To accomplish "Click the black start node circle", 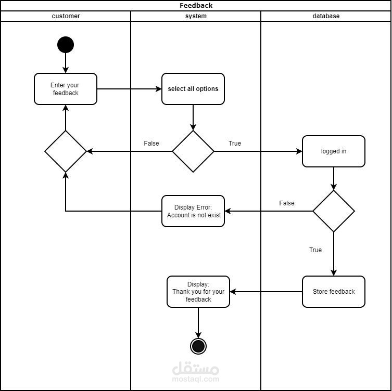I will click(x=66, y=45).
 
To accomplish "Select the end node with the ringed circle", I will click(x=198, y=346).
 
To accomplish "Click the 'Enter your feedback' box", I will click(x=66, y=89).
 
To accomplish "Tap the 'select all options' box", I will click(x=193, y=89).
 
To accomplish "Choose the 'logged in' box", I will click(x=334, y=151).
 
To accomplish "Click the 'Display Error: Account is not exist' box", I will click(x=193, y=211).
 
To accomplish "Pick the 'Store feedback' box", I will click(x=334, y=292).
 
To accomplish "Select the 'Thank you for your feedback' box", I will click(x=198, y=292).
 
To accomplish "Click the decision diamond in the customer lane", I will click(x=66, y=151).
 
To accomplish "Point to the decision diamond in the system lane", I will click(x=193, y=151).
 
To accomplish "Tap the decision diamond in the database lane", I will click(x=334, y=211).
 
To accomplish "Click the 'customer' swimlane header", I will click(x=66, y=16).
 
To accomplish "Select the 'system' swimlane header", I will click(x=196, y=16).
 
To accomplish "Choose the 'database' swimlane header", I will click(x=326, y=16).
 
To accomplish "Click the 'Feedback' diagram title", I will click(x=196, y=6).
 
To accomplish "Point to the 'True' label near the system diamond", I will click(x=235, y=144).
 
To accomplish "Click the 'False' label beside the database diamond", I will click(x=287, y=203).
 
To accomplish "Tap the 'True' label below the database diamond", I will click(x=315, y=250).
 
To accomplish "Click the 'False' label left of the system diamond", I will click(x=151, y=144).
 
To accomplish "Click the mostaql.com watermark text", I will click(x=196, y=379).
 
